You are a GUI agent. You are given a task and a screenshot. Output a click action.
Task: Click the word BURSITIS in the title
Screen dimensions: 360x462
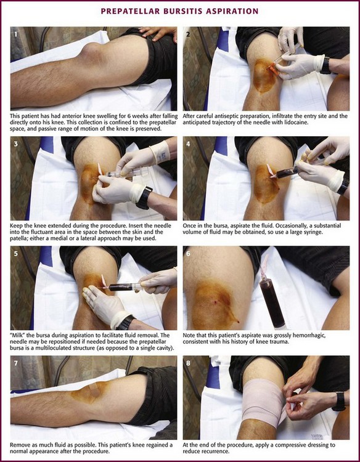[183, 11]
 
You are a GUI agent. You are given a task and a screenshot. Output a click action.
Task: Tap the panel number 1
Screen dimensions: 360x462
[16, 34]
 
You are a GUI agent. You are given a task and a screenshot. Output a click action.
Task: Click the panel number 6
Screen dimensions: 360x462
[189, 253]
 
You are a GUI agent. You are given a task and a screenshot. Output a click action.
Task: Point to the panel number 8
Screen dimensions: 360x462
[189, 363]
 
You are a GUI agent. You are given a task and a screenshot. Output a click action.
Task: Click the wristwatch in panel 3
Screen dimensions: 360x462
[144, 197]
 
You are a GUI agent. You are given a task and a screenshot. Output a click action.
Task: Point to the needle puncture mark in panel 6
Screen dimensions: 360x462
[218, 301]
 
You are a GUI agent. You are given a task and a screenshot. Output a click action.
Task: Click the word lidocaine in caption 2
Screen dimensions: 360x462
[298, 123]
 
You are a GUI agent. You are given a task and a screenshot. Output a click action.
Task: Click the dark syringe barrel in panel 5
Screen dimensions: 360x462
[121, 287]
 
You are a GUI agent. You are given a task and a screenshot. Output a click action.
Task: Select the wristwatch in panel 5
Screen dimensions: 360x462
[125, 323]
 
